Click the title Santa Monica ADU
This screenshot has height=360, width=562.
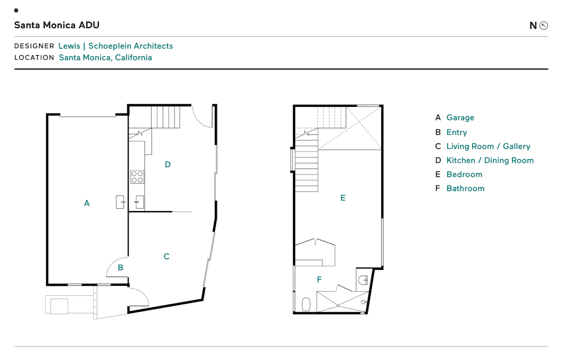[x=57, y=25]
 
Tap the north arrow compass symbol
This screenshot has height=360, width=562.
[x=543, y=26]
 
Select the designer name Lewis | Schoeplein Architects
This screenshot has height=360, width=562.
[x=115, y=46]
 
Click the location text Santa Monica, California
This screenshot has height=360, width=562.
[x=105, y=58]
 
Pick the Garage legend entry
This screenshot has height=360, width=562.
[x=460, y=118]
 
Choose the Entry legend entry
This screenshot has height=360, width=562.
[x=457, y=132]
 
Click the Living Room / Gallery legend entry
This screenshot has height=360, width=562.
[x=488, y=146]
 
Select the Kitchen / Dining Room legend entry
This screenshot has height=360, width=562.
[x=490, y=160]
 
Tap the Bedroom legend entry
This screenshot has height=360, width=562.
[x=464, y=174]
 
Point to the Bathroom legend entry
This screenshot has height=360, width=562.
[x=465, y=189]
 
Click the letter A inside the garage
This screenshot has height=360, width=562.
[x=87, y=204]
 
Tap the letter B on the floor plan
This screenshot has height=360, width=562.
[x=120, y=268]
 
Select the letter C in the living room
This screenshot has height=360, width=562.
[x=167, y=257]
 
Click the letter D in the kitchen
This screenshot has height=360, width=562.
[x=168, y=164]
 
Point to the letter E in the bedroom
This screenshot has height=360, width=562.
[x=343, y=198]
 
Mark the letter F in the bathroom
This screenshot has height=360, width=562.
[x=319, y=280]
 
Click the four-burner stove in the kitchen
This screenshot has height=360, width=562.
[x=137, y=176]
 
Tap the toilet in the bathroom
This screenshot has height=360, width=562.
[x=307, y=304]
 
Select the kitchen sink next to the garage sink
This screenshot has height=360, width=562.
[x=139, y=202]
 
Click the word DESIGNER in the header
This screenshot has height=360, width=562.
[x=34, y=46]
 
